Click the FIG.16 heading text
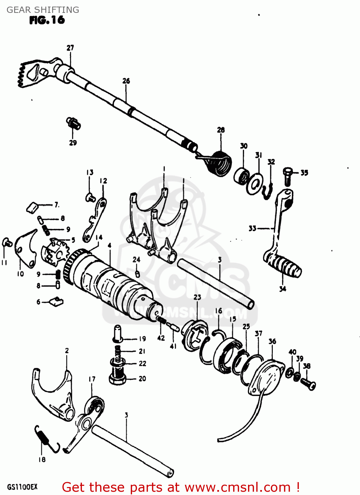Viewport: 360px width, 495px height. coord(47,20)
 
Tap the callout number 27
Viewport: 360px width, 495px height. coord(70,48)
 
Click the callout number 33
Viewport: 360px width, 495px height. coord(252,228)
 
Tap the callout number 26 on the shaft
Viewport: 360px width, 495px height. coord(126,81)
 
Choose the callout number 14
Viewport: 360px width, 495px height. coord(99,238)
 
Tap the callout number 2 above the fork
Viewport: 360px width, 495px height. coord(67,350)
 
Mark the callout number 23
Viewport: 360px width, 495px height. coord(197,297)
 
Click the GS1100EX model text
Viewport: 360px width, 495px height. coord(22,487)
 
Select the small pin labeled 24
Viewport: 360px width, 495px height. coord(137,274)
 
